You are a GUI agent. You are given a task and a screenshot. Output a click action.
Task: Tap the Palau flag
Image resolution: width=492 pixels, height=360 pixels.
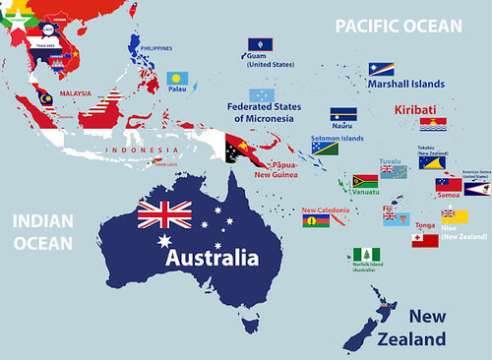pos(178,77)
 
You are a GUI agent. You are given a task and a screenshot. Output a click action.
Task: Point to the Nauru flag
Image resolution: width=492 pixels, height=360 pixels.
pos(343,114)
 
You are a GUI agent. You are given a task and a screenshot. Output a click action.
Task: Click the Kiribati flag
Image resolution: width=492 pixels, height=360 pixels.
pos(433,125)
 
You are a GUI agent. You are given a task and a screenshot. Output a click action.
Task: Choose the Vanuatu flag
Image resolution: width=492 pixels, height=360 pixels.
pos(365,182)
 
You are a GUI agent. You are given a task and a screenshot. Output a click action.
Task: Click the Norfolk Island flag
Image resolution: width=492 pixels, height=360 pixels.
pos(367,255)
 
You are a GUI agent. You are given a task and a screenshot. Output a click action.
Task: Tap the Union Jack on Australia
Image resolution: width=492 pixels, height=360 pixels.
pos(164,212)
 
